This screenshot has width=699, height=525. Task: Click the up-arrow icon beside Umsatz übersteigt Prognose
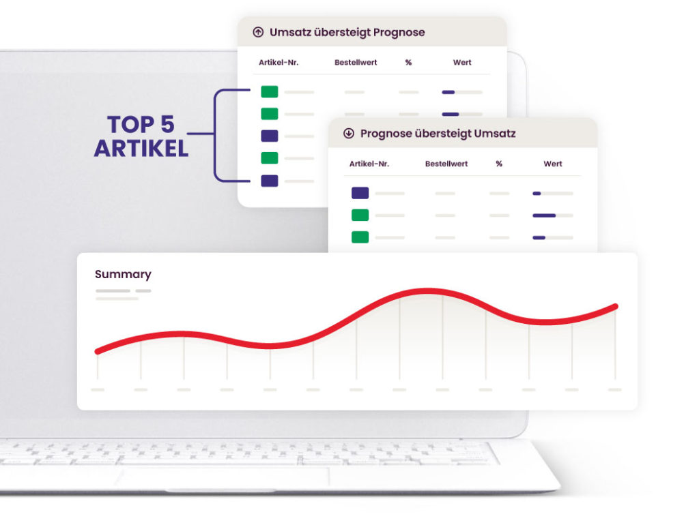coord(258,32)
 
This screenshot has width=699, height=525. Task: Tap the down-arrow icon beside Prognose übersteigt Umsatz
coord(349,133)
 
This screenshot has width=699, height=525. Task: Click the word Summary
coord(123,274)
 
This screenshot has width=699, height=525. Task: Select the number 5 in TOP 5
coord(167,124)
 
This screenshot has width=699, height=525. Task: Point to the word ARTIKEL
coord(141,148)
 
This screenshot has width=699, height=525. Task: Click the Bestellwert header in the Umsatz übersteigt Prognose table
coord(356,62)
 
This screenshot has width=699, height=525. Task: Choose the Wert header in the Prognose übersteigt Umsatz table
coord(553,164)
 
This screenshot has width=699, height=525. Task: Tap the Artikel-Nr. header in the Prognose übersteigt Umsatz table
coord(369,164)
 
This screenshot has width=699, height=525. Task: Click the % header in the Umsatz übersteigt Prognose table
coord(408,62)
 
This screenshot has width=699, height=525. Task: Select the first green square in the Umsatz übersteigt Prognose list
coord(269,92)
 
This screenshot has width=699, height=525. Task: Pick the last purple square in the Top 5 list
coord(269,181)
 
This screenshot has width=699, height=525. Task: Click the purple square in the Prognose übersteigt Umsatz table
coord(360,193)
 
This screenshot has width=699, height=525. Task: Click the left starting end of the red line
coord(98,352)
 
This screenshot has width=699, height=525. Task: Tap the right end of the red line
coord(616,306)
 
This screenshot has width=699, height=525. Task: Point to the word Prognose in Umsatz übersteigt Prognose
coord(399,33)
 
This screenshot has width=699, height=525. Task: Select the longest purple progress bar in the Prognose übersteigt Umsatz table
coord(544,215)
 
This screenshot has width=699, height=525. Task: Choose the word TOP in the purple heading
coord(130,124)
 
